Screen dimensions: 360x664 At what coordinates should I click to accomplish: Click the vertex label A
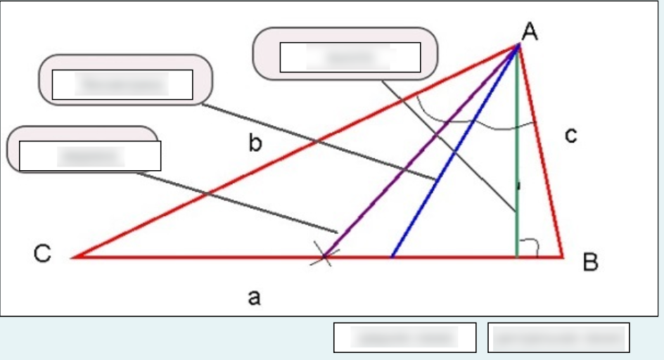(531, 30)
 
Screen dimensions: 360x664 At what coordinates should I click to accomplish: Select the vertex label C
(42, 255)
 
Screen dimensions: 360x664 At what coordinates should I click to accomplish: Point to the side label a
(254, 298)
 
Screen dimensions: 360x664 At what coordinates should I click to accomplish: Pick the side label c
(571, 136)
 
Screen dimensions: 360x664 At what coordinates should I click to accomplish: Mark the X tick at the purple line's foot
(324, 257)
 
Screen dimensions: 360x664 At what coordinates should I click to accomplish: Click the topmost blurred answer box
(350, 57)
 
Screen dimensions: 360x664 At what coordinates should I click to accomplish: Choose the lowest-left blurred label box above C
(90, 155)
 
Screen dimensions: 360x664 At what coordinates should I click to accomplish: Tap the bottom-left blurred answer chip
(405, 337)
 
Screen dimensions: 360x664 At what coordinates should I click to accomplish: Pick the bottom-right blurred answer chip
(558, 337)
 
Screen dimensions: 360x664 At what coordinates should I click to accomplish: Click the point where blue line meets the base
(392, 257)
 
